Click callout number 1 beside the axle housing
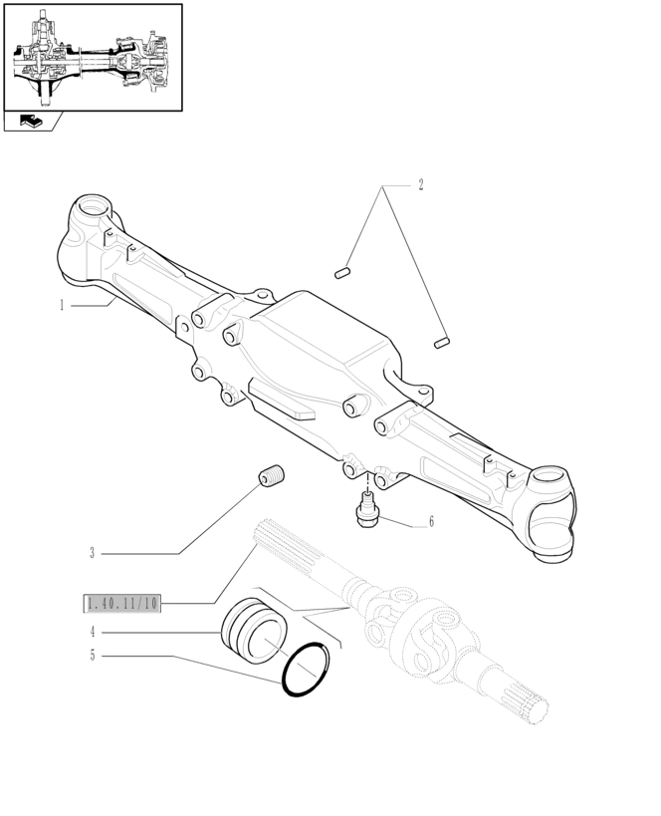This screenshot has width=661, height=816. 62,306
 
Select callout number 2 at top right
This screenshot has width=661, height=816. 421,184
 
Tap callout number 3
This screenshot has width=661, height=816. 92,553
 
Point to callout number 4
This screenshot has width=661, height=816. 93,633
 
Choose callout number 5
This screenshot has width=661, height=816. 93,656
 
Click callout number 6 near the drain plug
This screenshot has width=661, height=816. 431,521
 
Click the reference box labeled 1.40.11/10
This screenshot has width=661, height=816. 122,604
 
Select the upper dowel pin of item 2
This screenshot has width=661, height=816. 342,273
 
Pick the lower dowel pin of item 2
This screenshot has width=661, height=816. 442,343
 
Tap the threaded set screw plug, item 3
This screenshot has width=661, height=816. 272,476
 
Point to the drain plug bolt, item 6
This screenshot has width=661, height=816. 366,510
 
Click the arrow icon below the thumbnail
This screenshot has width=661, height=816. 32,122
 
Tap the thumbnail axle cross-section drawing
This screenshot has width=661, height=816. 92,57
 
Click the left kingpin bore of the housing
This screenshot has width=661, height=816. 94,207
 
